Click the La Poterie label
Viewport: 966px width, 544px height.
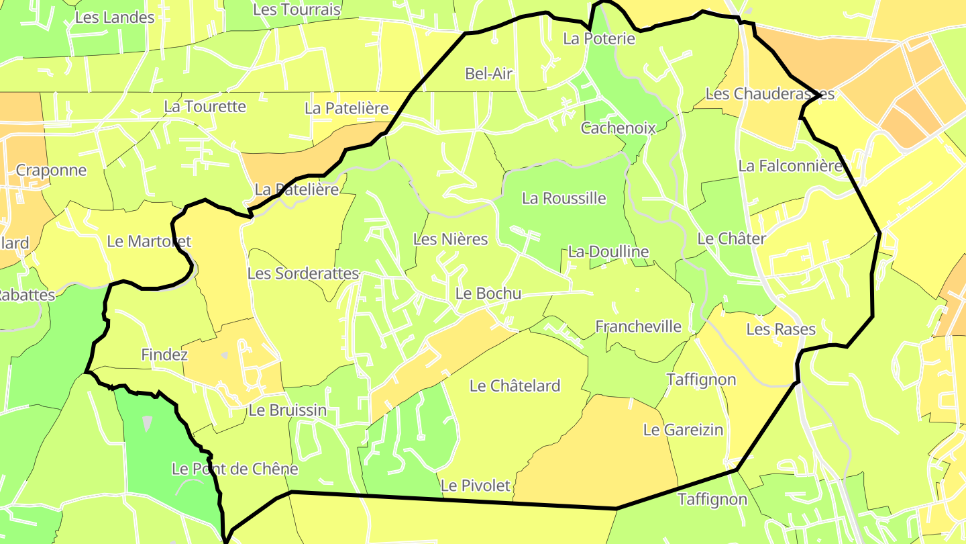coord(599,38)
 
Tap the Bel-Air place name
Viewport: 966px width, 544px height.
coord(489,73)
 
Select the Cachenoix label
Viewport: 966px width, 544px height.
coord(618,128)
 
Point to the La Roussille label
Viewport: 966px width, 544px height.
coord(563,198)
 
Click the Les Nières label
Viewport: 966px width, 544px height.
coord(450,239)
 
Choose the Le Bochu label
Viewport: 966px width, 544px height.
coord(488,293)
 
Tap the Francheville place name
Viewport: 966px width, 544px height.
coord(638,326)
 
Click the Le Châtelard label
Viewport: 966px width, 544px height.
coord(515,386)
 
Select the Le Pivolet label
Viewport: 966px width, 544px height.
coord(475,485)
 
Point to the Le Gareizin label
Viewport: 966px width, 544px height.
coord(683,429)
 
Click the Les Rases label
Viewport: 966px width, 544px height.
coord(781,329)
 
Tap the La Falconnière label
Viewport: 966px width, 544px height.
coord(790,165)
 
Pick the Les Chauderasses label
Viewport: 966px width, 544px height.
coord(769,93)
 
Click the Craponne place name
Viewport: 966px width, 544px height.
coord(51,170)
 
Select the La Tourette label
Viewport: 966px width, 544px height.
coord(205,106)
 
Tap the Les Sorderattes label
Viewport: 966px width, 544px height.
coord(303,273)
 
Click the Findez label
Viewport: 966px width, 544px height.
coord(164,355)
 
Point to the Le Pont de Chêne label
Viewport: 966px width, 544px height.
coord(235,469)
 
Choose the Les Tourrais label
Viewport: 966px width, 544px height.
coord(297,9)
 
